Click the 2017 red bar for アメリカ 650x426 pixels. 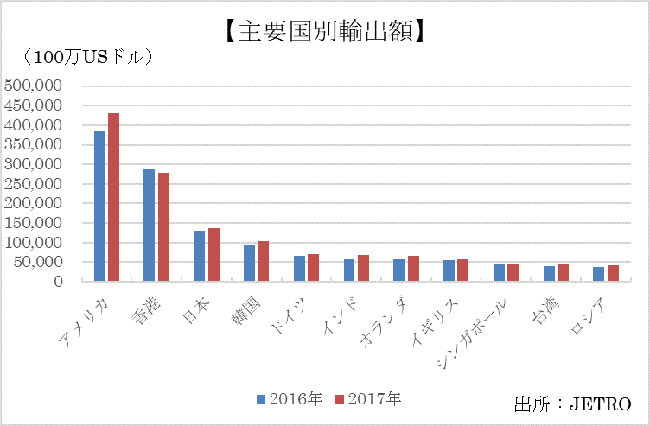(x=113, y=197)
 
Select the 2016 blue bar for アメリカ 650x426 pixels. (x=99, y=207)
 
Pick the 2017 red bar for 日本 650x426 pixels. (x=213, y=255)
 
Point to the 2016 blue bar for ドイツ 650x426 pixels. (x=299, y=269)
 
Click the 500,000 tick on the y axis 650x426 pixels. (x=32, y=86)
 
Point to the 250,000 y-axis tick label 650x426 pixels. (x=32, y=183)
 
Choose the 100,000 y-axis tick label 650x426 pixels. (x=32, y=242)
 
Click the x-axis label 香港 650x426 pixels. (x=150, y=302)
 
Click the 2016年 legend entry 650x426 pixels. (x=290, y=399)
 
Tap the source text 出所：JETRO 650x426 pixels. (x=572, y=404)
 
